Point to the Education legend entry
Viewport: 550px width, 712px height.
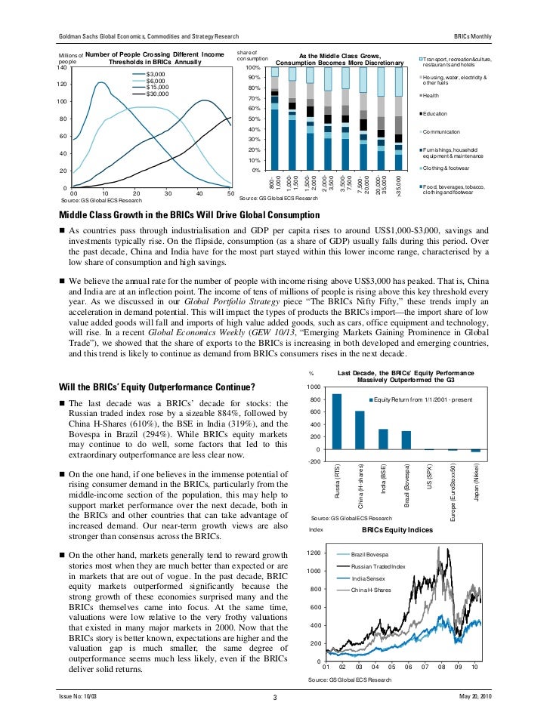(435, 113)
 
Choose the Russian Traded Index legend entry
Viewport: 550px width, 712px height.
(379, 566)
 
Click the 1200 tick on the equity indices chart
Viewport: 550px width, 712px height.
(314, 553)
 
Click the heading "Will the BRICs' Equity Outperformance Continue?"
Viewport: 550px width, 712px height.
(156, 388)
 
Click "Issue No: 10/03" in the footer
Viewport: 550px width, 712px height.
(78, 695)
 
